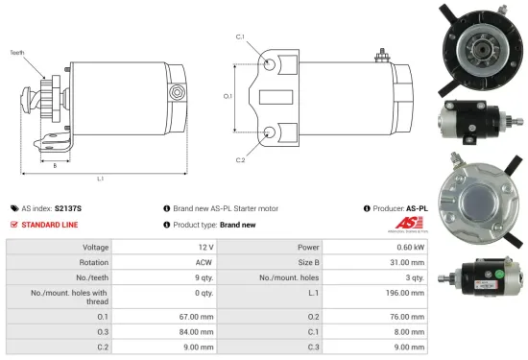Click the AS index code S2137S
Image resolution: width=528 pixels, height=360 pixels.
tap(68, 207)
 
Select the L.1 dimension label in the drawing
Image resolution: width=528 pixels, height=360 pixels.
tap(100, 178)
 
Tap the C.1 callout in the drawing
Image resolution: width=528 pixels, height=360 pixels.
tap(240, 37)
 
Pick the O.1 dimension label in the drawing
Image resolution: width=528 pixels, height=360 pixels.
tap(228, 96)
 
